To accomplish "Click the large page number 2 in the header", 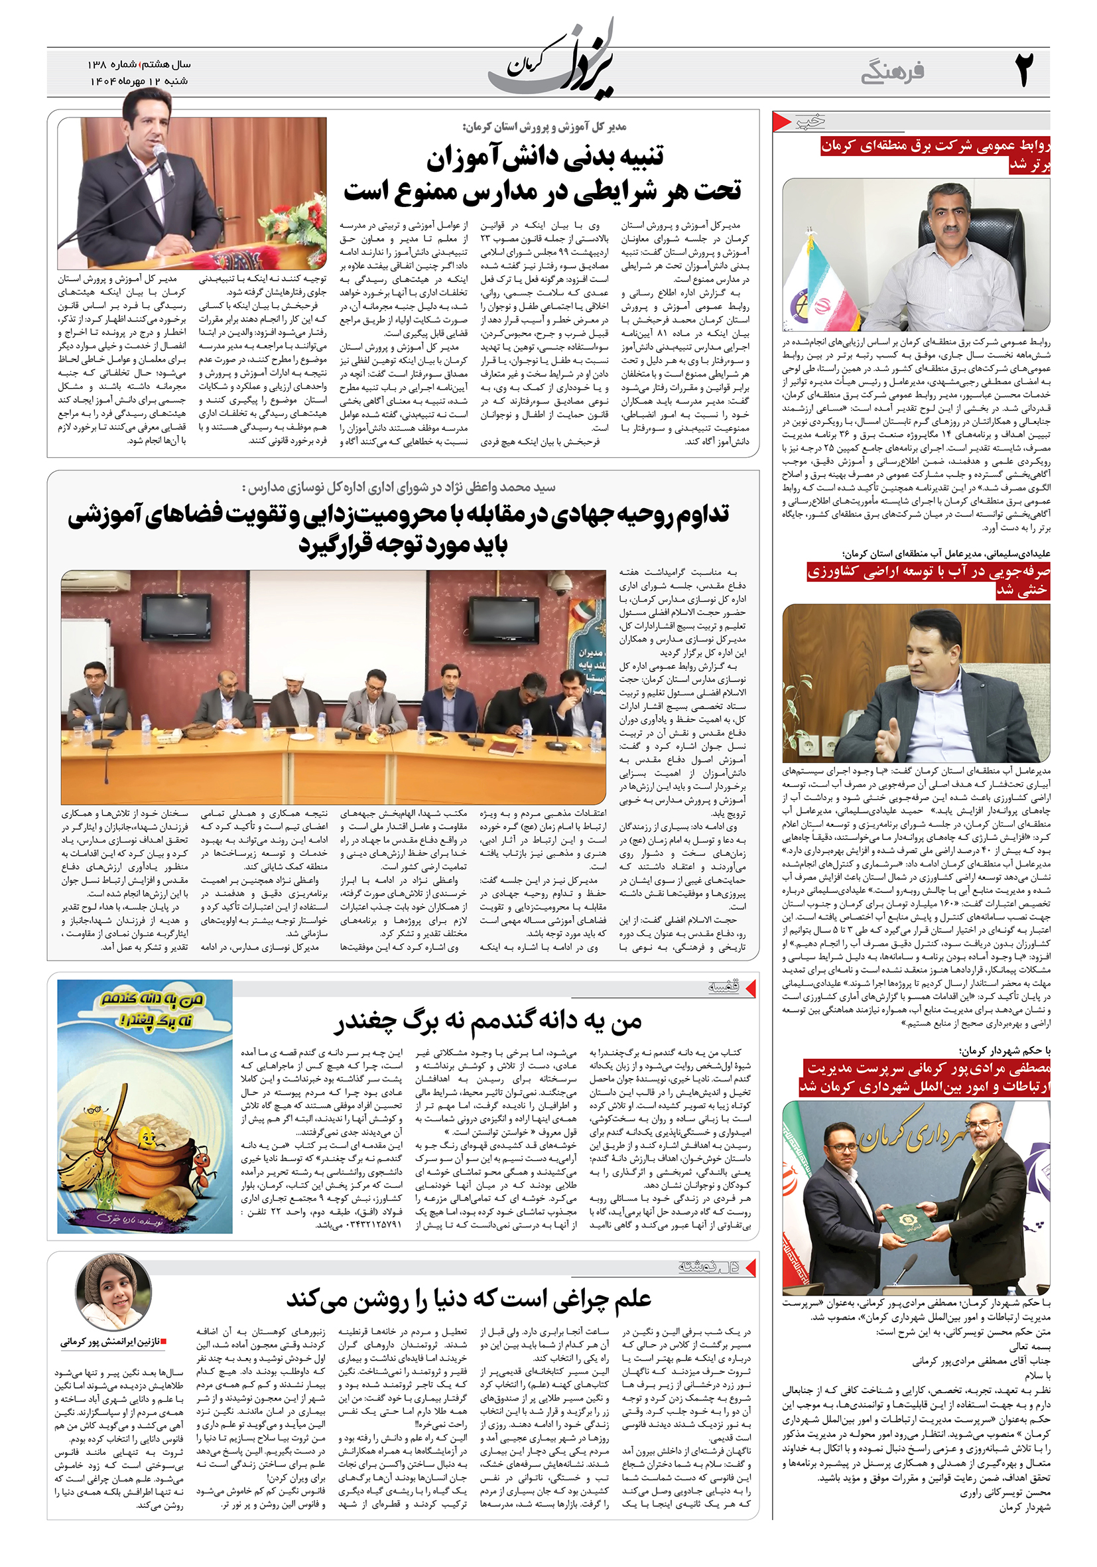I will click(1024, 70).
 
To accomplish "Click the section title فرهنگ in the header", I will click(892, 72).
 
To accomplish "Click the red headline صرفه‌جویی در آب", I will click(928, 580).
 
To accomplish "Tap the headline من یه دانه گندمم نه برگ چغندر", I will click(488, 1022).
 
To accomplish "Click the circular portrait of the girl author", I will click(113, 1292).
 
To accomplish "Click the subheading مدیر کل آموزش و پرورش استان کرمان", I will click(544, 126).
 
